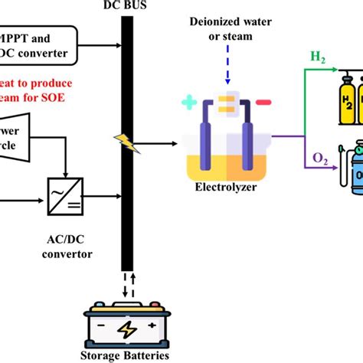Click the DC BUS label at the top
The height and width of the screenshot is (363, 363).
click(x=124, y=5)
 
